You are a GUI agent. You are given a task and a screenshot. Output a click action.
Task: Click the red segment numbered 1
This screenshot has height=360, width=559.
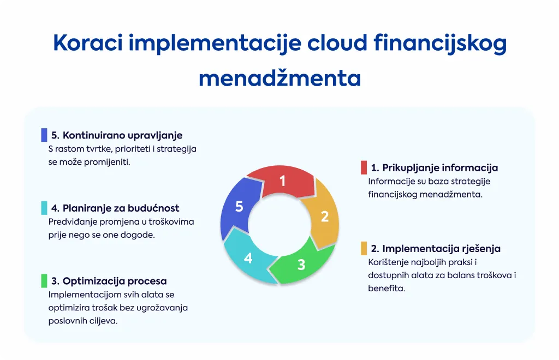(282, 181)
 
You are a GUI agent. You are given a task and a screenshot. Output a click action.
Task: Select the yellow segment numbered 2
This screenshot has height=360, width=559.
(323, 215)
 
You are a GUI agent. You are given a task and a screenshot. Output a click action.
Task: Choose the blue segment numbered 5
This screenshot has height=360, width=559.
(239, 207)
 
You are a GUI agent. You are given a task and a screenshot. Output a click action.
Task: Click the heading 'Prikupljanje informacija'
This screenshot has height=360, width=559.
(440, 167)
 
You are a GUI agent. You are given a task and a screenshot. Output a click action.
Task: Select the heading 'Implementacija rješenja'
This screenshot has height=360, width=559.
(441, 249)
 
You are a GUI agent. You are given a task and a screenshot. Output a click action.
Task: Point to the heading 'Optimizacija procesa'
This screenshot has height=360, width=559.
(115, 281)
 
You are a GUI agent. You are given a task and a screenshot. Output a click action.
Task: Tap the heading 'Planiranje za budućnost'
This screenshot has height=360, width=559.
(121, 208)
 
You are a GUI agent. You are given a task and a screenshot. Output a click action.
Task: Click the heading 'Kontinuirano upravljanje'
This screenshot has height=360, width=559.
(122, 135)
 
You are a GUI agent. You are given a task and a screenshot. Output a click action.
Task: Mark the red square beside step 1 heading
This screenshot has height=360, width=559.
(364, 167)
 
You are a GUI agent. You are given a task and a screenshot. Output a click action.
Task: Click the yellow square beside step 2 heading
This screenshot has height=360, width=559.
(364, 249)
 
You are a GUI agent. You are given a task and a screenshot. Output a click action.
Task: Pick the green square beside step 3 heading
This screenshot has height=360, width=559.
(44, 281)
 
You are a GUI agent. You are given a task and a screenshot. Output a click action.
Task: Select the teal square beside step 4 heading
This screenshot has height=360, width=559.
(44, 208)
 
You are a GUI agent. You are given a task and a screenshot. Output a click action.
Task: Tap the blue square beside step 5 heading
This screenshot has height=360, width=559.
(44, 135)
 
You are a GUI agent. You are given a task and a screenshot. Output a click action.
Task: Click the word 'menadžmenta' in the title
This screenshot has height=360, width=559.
(280, 79)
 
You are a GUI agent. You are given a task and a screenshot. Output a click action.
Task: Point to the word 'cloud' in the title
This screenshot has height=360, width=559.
(337, 43)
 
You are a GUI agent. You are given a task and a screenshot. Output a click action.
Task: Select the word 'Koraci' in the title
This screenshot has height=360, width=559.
(88, 43)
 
